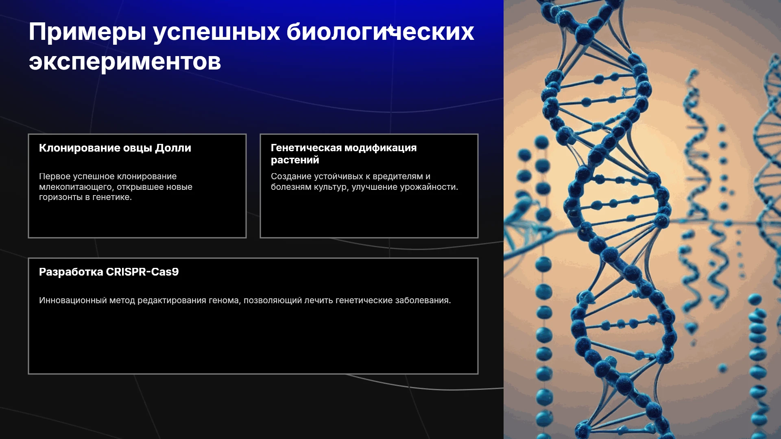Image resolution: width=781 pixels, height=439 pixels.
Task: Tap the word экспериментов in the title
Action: coord(125,62)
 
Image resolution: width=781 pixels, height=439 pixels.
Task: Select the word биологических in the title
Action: coord(380,32)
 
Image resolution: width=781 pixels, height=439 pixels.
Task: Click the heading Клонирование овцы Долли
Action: coord(115,148)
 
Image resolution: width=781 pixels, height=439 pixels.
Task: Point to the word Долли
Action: coord(173,148)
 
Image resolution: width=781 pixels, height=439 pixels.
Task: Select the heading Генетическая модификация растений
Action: coord(344,154)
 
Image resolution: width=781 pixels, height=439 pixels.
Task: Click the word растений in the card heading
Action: coord(295,160)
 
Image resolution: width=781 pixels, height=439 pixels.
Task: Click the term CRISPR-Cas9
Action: coord(142,272)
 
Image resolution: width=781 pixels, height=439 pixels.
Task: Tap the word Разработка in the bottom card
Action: coord(71,272)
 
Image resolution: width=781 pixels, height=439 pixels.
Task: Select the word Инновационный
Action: coord(73,300)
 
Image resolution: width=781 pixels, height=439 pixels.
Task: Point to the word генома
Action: coord(225,301)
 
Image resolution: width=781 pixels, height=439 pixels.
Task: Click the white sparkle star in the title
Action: coord(391,30)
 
